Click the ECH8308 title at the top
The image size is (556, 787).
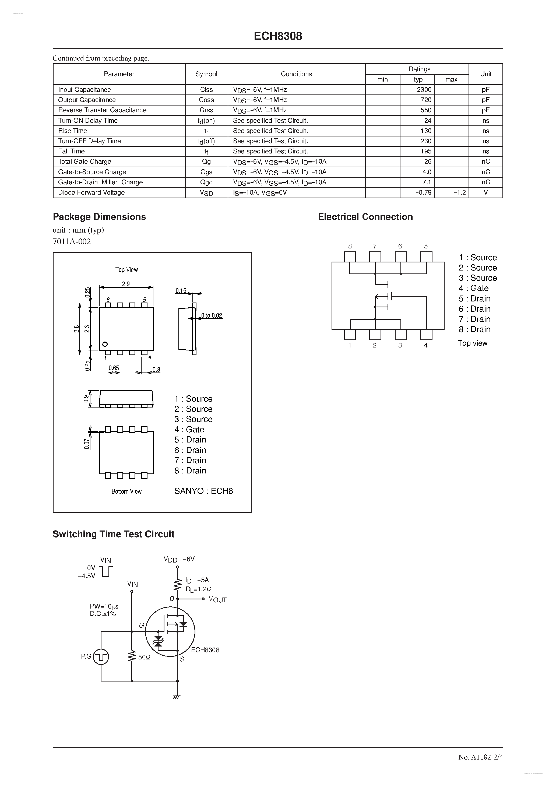tap(278, 36)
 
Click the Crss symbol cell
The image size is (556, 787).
tap(206, 110)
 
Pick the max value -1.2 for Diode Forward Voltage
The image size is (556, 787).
tap(460, 193)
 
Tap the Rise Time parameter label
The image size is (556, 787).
tap(73, 131)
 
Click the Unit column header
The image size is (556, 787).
tap(485, 74)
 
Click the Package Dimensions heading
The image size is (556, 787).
tap(99, 217)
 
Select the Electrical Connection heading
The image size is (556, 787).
tap(365, 217)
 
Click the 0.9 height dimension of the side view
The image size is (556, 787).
tap(86, 399)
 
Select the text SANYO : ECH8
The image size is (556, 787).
tap(204, 491)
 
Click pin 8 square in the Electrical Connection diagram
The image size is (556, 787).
tap(350, 257)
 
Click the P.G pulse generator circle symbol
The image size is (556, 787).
tap(101, 657)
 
